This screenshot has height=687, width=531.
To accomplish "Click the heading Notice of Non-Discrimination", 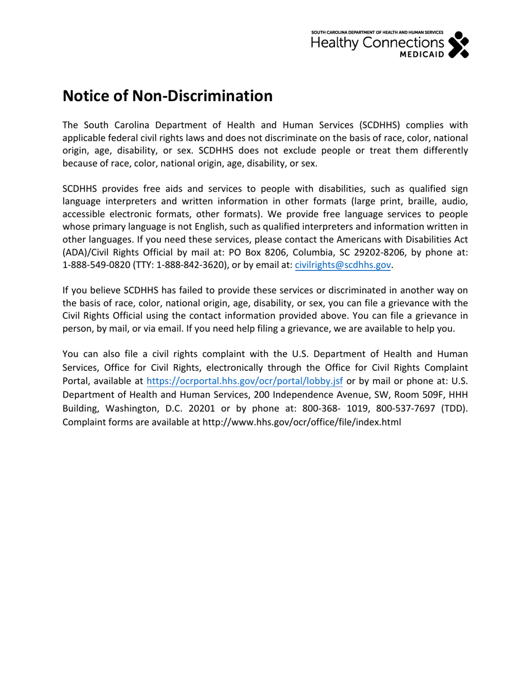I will (167, 96).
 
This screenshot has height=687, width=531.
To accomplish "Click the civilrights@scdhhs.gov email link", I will (342, 265).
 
